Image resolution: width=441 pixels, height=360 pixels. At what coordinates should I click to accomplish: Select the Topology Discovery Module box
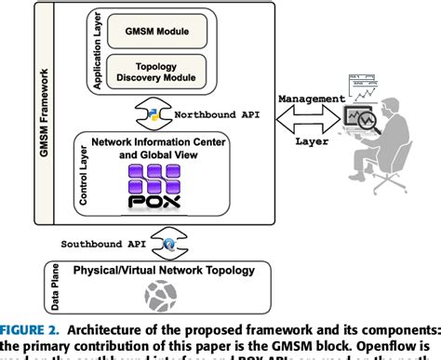coord(156,72)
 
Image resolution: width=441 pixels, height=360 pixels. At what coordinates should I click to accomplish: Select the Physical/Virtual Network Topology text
coord(156,270)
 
